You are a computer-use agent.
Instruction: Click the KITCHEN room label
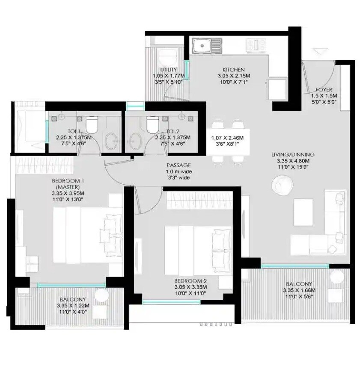[x=233, y=70]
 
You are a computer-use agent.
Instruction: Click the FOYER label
[x=324, y=90]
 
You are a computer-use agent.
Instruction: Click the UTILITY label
[x=169, y=70]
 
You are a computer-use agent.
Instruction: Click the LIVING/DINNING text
[x=293, y=155]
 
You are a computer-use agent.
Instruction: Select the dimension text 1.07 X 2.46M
[x=227, y=138]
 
